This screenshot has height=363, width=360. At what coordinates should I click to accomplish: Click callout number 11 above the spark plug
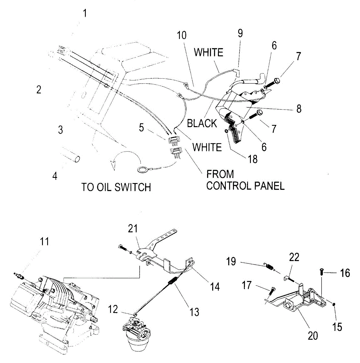tap(44, 242)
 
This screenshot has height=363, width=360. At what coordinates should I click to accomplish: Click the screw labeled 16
tap(322, 272)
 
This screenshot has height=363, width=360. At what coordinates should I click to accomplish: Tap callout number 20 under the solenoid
tap(313, 335)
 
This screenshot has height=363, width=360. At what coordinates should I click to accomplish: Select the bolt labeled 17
tap(271, 291)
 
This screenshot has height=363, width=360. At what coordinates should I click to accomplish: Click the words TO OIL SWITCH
tap(116, 187)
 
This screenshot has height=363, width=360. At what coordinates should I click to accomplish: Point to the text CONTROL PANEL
tap(245, 186)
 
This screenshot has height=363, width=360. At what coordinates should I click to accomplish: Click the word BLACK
tap(202, 123)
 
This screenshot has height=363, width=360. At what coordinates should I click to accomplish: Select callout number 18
tap(253, 159)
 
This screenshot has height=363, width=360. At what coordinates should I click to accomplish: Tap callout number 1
tap(85, 14)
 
